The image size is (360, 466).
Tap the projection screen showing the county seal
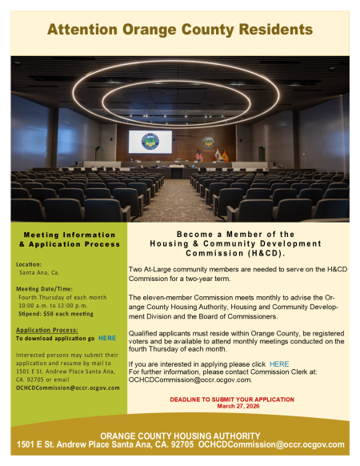point(150,142)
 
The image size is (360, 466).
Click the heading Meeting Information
point(68,235)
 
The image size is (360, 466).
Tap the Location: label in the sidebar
point(29,263)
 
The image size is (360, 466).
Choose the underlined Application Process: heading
point(46,329)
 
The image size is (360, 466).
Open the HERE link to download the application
point(106,339)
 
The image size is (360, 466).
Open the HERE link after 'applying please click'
point(279,364)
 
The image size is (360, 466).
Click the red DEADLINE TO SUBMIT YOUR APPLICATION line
point(238,398)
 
